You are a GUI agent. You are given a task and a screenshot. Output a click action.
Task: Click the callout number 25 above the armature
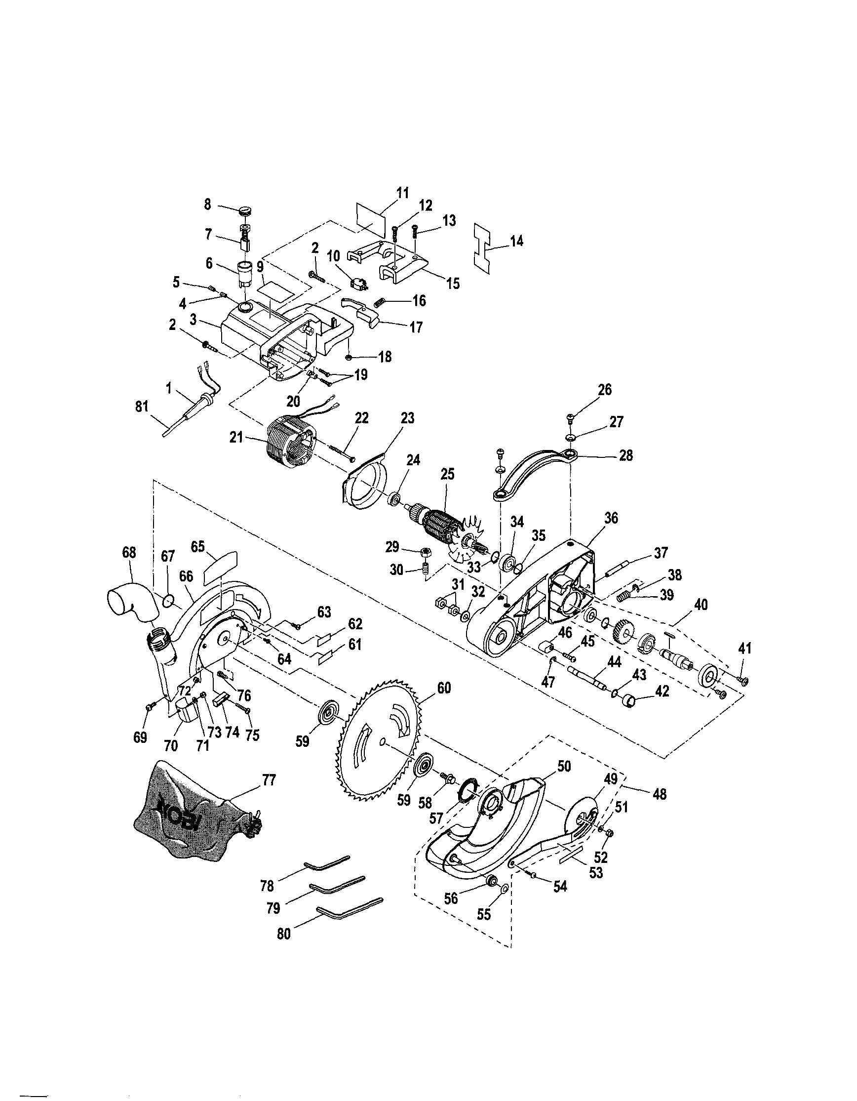[x=447, y=474]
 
